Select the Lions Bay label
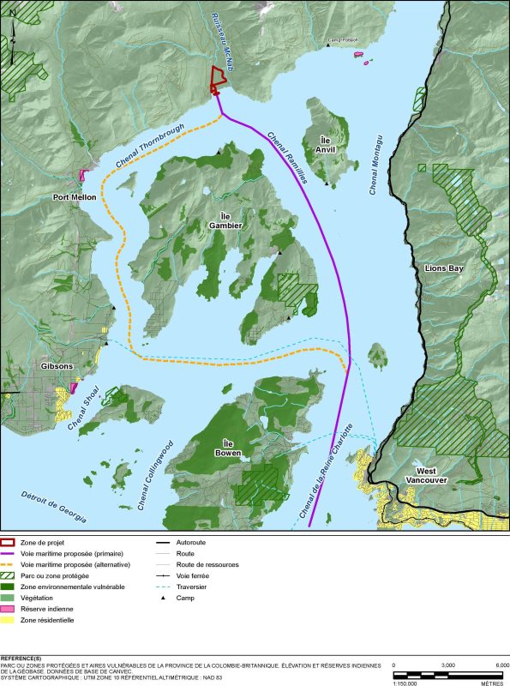tap(443, 268)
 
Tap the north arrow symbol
tap(14, 39)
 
